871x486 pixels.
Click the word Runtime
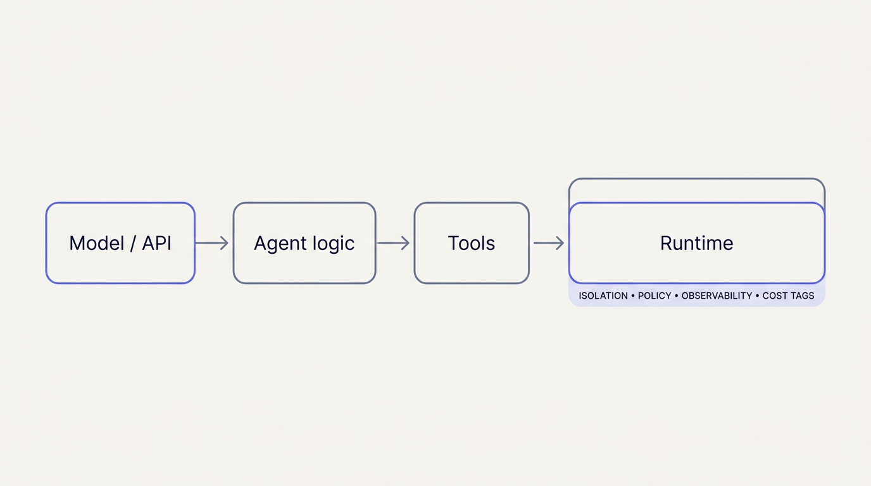point(696,243)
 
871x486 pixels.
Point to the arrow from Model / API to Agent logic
point(211,243)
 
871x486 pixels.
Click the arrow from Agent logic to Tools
point(393,243)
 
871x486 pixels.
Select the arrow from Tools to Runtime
point(548,243)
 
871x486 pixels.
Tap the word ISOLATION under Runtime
point(603,296)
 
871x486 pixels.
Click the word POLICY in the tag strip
point(655,296)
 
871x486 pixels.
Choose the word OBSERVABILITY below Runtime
point(717,296)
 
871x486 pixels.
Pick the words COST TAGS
point(788,296)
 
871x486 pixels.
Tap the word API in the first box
point(157,243)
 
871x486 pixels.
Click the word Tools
point(472,243)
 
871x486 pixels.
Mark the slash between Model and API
point(132,243)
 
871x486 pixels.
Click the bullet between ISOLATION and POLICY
point(633,296)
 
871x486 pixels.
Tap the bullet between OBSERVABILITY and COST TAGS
point(757,296)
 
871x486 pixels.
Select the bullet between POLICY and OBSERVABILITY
point(676,296)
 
